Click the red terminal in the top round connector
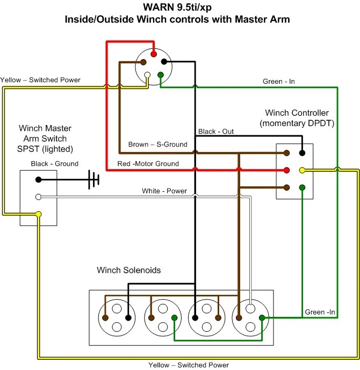154,54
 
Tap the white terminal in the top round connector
147,75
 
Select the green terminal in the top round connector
161,75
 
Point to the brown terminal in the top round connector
143,62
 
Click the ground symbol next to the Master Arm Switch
93,179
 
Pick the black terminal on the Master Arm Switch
39,180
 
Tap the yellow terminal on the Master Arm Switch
39,214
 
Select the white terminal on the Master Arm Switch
39,197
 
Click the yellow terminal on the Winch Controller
302,170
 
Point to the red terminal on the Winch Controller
286,170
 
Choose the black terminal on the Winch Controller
302,153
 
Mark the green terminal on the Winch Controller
302,187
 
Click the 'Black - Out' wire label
216,132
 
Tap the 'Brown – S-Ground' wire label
157,144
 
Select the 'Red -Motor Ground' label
148,164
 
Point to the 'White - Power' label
164,191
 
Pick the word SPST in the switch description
28,149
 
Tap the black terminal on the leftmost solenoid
128,317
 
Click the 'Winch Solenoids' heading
128,270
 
